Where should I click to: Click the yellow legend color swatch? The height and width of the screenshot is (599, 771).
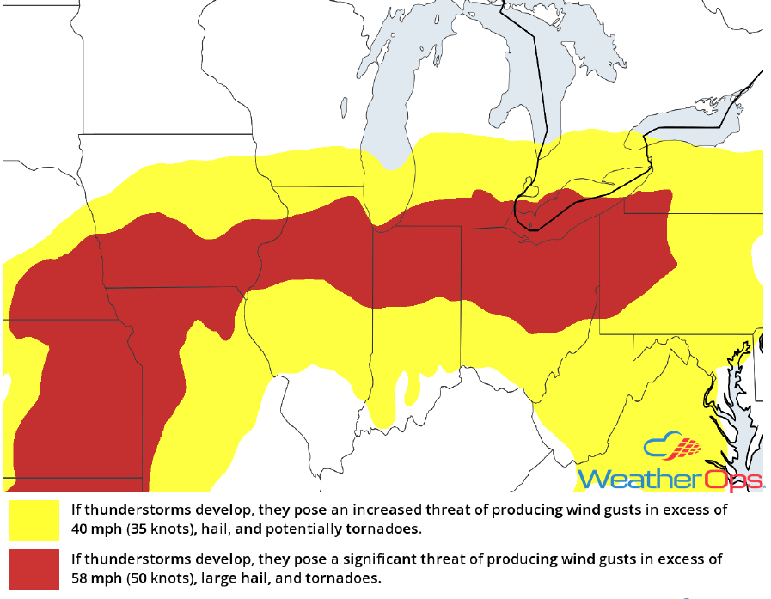(x=34, y=518)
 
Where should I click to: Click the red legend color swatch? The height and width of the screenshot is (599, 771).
(x=34, y=568)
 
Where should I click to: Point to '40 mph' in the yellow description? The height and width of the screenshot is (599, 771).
(x=95, y=528)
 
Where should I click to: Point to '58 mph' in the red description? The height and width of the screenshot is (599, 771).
(x=95, y=578)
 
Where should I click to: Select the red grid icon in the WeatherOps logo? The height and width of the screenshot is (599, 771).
(x=684, y=449)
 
